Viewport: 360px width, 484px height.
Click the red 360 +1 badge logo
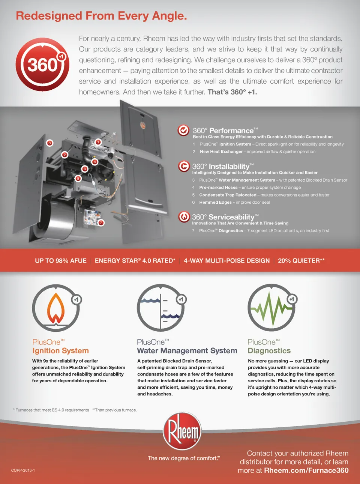[x=42, y=65]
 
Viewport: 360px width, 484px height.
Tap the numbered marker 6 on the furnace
[x=49, y=143]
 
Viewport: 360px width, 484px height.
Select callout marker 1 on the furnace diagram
[x=98, y=142]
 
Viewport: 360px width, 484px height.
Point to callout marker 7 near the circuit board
[x=101, y=222]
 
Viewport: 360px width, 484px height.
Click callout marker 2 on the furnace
[x=64, y=155]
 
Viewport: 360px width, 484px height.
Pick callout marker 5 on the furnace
[x=78, y=178]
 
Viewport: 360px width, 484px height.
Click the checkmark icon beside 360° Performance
[x=183, y=130]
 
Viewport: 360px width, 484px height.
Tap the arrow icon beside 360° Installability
[x=184, y=166]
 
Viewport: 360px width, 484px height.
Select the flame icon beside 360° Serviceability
[x=184, y=217]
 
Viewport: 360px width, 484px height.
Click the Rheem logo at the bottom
[x=182, y=431]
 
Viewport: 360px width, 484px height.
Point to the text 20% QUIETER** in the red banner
[x=301, y=260]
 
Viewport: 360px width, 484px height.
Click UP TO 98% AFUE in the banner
[x=61, y=260]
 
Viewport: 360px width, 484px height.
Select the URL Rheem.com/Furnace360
[x=306, y=470]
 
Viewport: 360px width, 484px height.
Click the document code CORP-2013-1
[x=23, y=470]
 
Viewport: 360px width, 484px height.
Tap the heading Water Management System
[x=187, y=350]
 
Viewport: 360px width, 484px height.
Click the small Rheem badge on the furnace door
[x=143, y=125]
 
